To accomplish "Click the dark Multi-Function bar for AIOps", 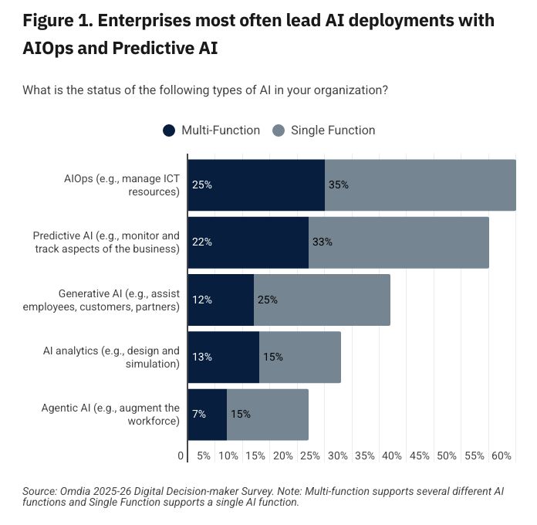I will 256,185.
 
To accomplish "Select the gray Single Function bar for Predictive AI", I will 398,242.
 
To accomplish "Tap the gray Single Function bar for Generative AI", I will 322,300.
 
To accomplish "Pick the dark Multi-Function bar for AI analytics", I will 224,357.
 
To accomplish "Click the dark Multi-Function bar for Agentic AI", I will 208,414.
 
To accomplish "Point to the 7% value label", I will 199,414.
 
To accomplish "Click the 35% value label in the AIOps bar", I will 339,185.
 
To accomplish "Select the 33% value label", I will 323,242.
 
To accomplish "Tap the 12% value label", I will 202,300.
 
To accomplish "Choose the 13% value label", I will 202,357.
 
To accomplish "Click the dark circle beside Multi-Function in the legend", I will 169,130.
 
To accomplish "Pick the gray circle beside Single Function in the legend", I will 279,130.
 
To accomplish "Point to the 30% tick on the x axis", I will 338,456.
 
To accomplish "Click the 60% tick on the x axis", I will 502,456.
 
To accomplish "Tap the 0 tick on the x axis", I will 181,456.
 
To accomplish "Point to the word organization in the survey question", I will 338,90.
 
